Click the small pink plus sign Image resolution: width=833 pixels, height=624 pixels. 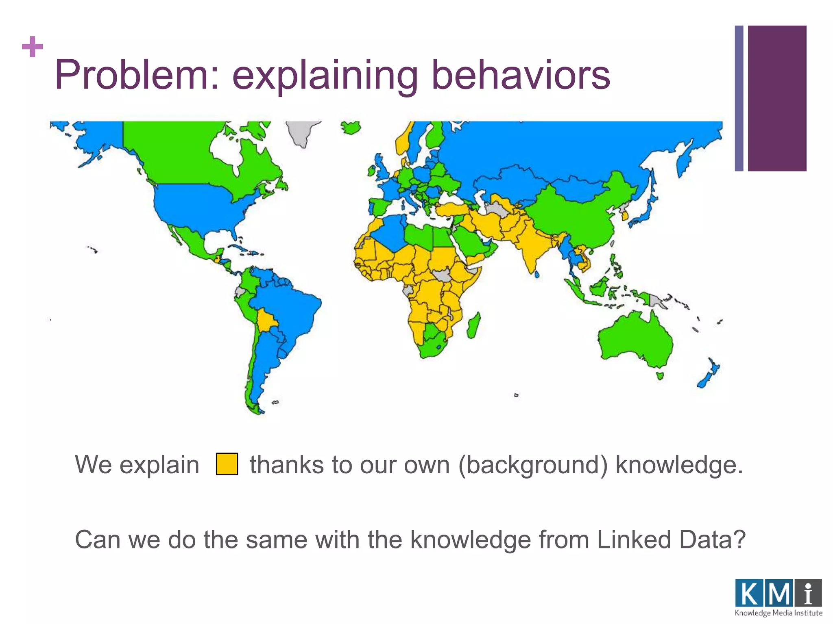tap(33, 47)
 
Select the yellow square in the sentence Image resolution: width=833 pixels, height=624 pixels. tap(227, 464)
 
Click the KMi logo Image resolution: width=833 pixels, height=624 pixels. tap(778, 593)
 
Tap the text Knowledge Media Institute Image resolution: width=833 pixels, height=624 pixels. tap(778, 613)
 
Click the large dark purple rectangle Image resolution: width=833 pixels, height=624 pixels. tap(777, 98)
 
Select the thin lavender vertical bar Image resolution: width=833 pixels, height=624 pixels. tap(739, 98)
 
